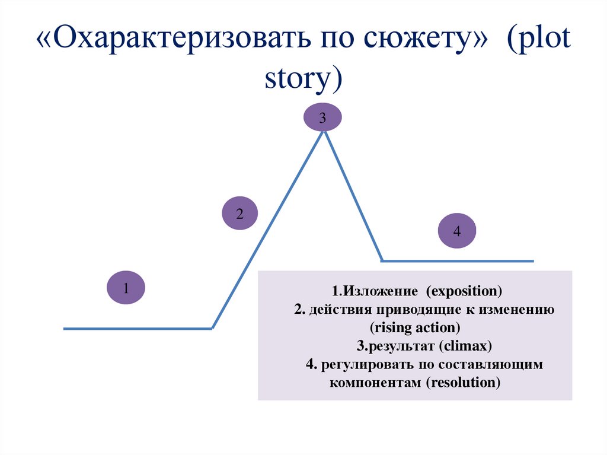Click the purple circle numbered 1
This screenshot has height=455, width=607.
coord(126,289)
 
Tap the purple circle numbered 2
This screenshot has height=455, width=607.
coord(240,214)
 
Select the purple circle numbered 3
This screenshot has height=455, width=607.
coord(322,118)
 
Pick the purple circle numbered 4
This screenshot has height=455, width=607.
coord(456,231)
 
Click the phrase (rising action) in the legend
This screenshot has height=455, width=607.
coord(415,327)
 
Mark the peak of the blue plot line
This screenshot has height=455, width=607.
coord(323,131)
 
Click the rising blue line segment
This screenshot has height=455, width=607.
coord(267,228)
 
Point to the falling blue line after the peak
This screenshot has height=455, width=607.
coord(353,196)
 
